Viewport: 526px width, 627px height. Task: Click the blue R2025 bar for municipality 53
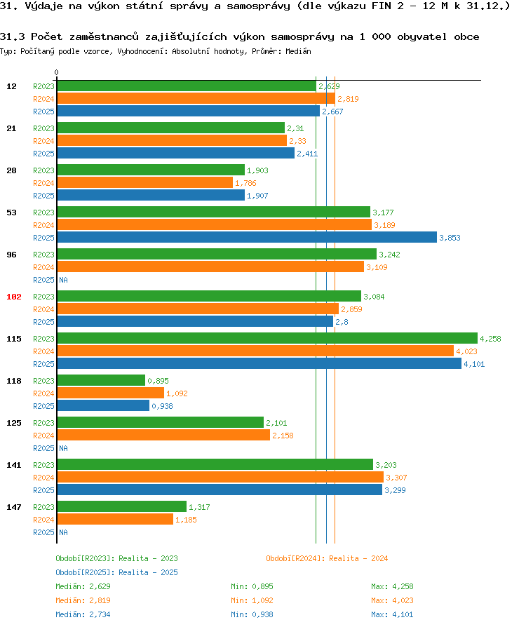click(246, 238)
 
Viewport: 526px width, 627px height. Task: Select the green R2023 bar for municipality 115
click(267, 339)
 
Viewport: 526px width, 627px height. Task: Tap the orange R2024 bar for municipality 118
click(110, 393)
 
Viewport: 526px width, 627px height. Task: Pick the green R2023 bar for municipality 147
click(121, 507)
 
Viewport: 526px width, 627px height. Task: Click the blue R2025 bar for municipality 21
click(175, 154)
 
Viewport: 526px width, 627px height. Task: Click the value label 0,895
click(158, 381)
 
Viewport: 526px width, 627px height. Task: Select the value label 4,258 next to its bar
click(491, 339)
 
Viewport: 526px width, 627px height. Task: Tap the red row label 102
click(13, 297)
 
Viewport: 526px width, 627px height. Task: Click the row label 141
click(13, 465)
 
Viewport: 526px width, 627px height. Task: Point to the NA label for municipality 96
click(63, 280)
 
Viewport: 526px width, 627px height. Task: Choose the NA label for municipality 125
click(63, 448)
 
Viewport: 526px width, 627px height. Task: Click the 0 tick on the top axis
click(57, 72)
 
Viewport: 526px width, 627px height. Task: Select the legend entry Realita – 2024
click(327, 558)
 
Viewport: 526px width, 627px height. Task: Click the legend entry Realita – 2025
click(116, 572)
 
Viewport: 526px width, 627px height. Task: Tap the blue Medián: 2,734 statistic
click(83, 614)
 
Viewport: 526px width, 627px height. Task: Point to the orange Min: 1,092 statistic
click(252, 600)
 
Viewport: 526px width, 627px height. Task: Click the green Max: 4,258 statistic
click(393, 586)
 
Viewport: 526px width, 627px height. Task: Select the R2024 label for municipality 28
click(43, 183)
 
